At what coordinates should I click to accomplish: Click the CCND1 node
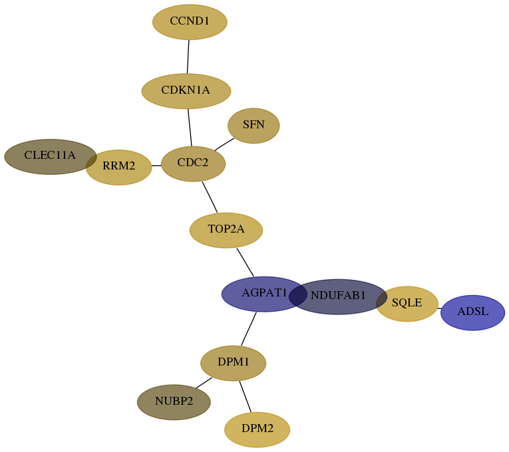pyautogui.click(x=190, y=22)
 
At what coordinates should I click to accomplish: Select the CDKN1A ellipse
pyautogui.click(x=186, y=91)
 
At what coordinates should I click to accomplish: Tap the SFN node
pyautogui.click(x=254, y=126)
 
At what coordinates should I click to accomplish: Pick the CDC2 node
pyautogui.click(x=193, y=164)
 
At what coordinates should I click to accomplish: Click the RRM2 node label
pyautogui.click(x=119, y=166)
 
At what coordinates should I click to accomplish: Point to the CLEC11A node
pyautogui.click(x=51, y=157)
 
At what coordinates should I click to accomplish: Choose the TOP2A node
pyautogui.click(x=226, y=230)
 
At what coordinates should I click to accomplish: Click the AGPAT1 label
pyautogui.click(x=264, y=292)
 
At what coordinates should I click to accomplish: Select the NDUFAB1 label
pyautogui.click(x=338, y=295)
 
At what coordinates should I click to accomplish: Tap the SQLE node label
pyautogui.click(x=407, y=302)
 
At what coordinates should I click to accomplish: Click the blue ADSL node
pyautogui.click(x=472, y=312)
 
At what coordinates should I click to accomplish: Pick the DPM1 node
pyautogui.click(x=233, y=363)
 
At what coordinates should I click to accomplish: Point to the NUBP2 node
pyautogui.click(x=174, y=402)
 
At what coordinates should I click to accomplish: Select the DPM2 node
pyautogui.click(x=257, y=429)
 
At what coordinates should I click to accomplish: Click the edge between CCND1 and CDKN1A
pyautogui.click(x=188, y=56)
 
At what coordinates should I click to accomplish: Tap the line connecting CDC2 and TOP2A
pyautogui.click(x=210, y=197)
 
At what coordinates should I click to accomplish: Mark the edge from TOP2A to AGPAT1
pyautogui.click(x=245, y=263)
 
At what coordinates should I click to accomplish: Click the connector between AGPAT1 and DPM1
pyautogui.click(x=249, y=329)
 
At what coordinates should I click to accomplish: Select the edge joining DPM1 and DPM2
pyautogui.click(x=245, y=397)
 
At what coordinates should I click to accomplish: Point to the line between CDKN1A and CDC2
pyautogui.click(x=190, y=128)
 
